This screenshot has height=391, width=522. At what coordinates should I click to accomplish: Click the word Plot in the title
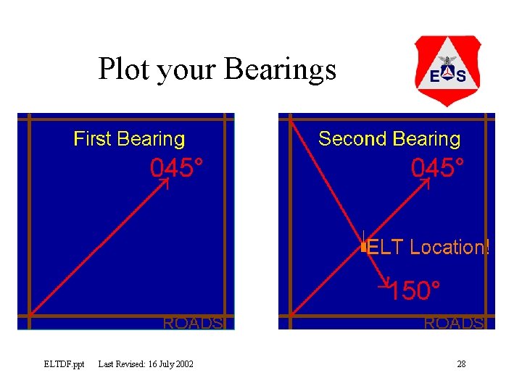pyautogui.click(x=125, y=70)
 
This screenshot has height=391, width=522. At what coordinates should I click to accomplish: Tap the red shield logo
pyautogui.click(x=447, y=71)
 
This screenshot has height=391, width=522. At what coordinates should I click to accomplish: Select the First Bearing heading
pyautogui.click(x=129, y=139)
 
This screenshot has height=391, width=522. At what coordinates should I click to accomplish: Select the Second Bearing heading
pyautogui.click(x=389, y=139)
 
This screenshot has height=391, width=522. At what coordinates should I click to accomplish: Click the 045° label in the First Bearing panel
pyautogui.click(x=176, y=168)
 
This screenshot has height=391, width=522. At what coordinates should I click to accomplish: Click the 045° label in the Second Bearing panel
pyautogui.click(x=437, y=168)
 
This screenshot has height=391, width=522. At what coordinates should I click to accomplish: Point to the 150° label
pyautogui.click(x=413, y=292)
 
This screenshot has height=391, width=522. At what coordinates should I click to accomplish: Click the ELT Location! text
pyautogui.click(x=428, y=248)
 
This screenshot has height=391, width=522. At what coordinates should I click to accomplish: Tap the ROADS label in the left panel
pyautogui.click(x=193, y=323)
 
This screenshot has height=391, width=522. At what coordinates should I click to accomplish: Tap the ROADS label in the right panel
pyautogui.click(x=454, y=323)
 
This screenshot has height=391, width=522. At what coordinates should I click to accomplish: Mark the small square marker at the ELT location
pyautogui.click(x=363, y=248)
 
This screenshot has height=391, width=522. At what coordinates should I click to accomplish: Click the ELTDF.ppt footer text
pyautogui.click(x=64, y=363)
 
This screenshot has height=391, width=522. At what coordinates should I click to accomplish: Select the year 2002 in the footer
pyautogui.click(x=184, y=363)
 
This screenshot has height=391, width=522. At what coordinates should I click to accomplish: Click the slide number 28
pyautogui.click(x=461, y=363)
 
